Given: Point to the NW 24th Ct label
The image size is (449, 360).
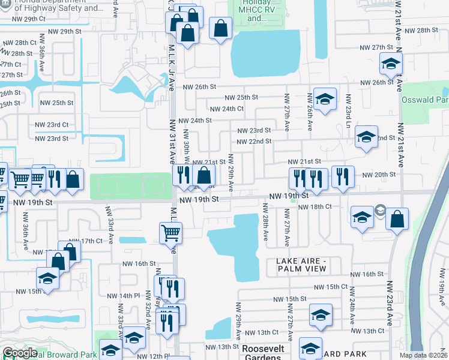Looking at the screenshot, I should click(226, 109).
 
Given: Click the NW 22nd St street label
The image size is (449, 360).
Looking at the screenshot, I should click(254, 142).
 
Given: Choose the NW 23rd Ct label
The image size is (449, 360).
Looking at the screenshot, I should click(52, 125).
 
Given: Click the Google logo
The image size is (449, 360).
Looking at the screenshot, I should click(20, 353).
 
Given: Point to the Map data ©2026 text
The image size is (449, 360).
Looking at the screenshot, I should click(423, 355).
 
